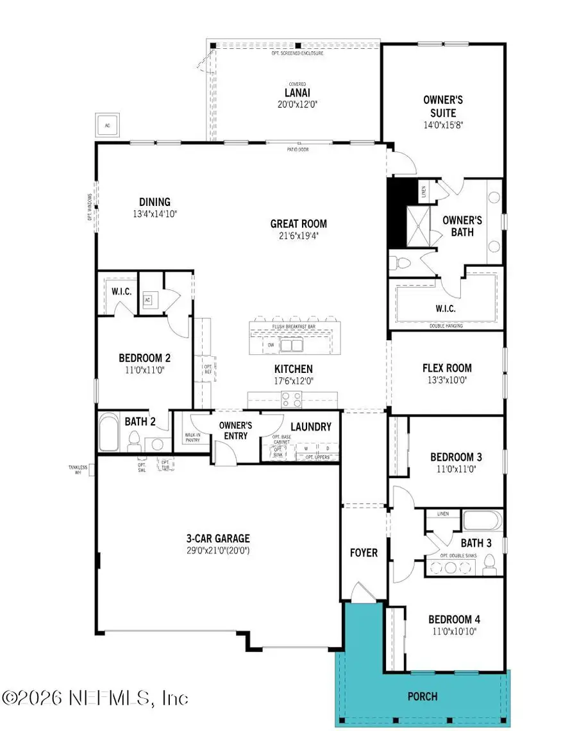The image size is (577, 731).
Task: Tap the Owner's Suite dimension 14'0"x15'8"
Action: coord(443,125)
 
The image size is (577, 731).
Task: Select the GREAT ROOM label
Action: coord(298,224)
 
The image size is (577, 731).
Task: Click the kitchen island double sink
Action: coord(292,345)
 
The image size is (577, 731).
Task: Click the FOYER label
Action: coord(364,553)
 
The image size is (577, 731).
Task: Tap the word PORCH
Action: coord(423,696)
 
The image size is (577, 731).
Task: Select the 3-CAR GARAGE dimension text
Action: coord(215,551)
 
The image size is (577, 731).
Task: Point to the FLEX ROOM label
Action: coord(447,368)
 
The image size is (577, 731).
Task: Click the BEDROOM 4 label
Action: coord(454,620)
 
